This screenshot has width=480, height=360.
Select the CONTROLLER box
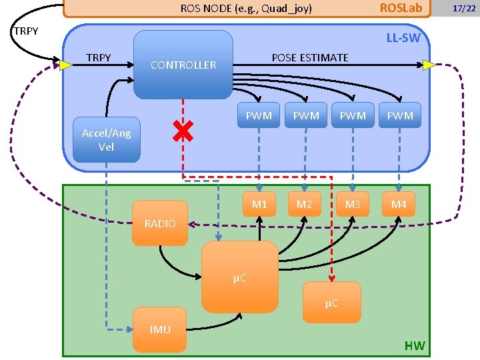pyautogui.click(x=183, y=65)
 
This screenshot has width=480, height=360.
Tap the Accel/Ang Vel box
pyautogui.click(x=107, y=140)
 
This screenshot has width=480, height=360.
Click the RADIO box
pyautogui.click(x=160, y=223)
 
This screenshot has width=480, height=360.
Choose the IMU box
pyautogui.click(x=160, y=329)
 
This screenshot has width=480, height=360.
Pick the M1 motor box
pyautogui.click(x=259, y=204)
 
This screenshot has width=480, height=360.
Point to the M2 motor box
pyautogui.click(x=305, y=204)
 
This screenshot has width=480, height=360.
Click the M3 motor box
pyautogui.click(x=352, y=204)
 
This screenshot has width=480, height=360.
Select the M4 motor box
pyautogui.click(x=399, y=204)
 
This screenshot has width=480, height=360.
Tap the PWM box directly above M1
pyautogui.click(x=259, y=115)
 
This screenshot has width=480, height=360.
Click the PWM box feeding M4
pyautogui.click(x=400, y=115)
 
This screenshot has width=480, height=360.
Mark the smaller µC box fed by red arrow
pyautogui.click(x=332, y=303)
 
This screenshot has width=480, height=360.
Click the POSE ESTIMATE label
pyautogui.click(x=309, y=57)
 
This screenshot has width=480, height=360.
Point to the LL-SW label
pyautogui.click(x=403, y=38)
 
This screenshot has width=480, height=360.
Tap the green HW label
pyautogui.click(x=414, y=345)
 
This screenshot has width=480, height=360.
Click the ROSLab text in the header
pyautogui.click(x=401, y=8)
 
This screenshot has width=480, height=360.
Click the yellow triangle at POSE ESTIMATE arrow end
pyautogui.click(x=429, y=65)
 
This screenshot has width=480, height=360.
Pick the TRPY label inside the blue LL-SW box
pyautogui.click(x=99, y=57)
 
